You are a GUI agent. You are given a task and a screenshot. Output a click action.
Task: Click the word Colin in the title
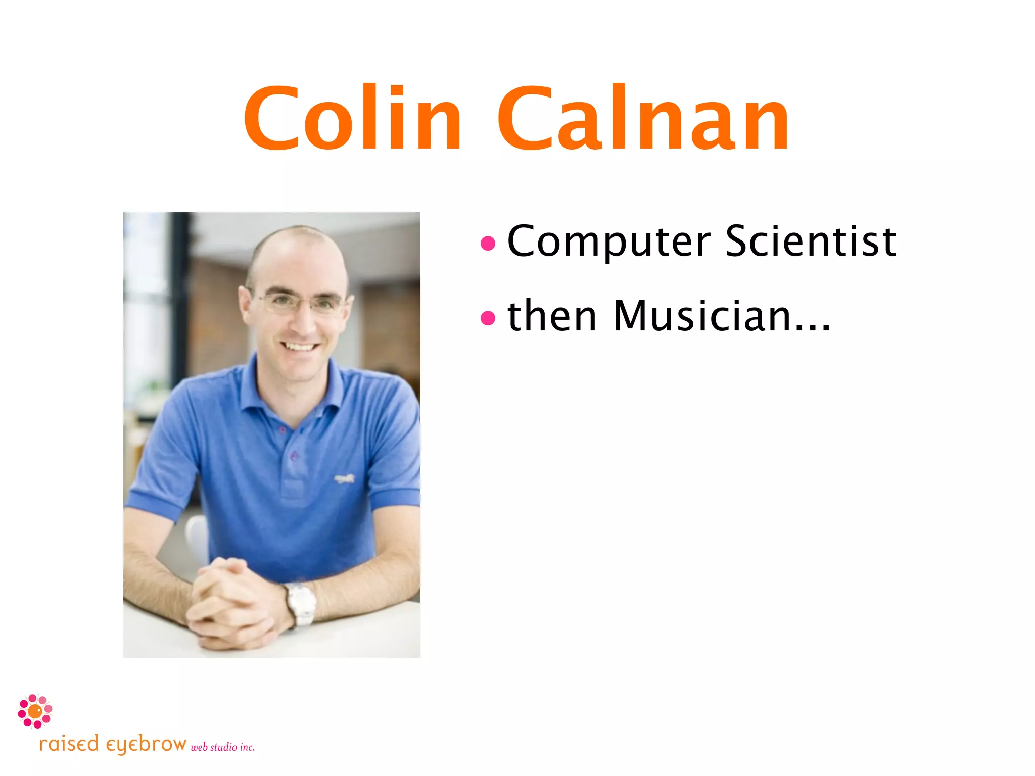(352, 119)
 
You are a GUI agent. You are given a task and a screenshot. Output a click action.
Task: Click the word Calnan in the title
(643, 119)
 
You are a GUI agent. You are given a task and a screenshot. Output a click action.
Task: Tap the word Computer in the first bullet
(608, 241)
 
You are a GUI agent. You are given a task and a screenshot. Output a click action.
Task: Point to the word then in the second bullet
(552, 316)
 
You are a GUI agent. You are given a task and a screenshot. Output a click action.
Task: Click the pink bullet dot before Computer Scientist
(488, 244)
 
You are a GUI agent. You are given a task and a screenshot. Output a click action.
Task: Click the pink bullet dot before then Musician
(488, 318)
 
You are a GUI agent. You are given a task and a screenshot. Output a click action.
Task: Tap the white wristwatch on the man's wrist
(302, 604)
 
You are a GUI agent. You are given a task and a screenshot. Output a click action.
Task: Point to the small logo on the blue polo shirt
(344, 478)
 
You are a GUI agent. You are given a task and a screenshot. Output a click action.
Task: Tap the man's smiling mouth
(300, 347)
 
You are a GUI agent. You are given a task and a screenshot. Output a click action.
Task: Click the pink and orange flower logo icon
(35, 711)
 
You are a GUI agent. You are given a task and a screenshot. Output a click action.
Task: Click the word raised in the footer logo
(69, 744)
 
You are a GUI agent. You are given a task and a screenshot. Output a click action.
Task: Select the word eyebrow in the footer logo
(146, 745)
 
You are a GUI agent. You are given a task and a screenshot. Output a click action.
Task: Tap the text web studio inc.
(222, 747)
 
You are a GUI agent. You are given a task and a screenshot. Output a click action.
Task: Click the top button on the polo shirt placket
(282, 430)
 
